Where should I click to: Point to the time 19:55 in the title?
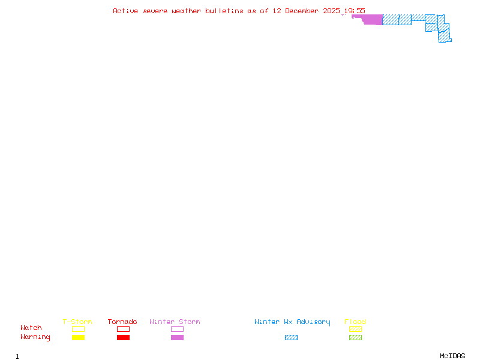pos(354,11)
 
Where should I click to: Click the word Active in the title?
pos(125,11)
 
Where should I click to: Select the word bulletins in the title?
pos(224,11)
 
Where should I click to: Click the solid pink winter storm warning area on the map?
pos(373,20)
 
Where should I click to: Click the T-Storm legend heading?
pos(77,322)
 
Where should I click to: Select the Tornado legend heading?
pos(122,322)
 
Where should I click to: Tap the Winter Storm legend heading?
pos(175,322)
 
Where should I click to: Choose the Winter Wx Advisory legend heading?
pos(292,322)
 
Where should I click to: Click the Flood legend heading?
pos(355,322)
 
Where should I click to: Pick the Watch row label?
pos(31,328)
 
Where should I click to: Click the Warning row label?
pos(35,337)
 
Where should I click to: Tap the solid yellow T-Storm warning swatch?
pos(78,338)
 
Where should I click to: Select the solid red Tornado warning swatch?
pos(123,338)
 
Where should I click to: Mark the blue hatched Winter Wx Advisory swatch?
pos(291,338)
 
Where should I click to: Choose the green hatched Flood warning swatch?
pos(355,338)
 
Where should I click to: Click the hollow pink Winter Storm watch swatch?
pos(177,329)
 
